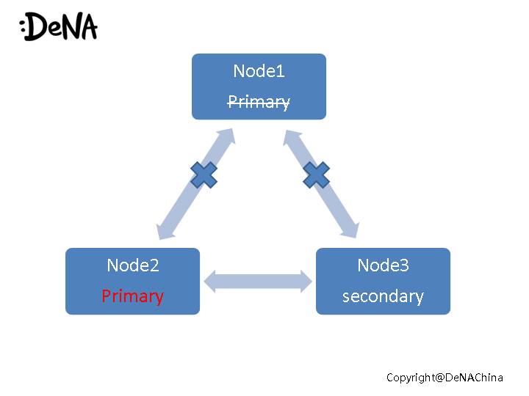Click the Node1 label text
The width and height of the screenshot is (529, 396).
coord(259,71)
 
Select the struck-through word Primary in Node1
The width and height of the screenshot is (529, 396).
coord(259,102)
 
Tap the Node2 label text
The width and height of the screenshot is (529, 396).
coord(132,265)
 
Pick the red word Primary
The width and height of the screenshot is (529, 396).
coord(132,296)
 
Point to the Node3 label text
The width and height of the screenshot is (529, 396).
coord(383,265)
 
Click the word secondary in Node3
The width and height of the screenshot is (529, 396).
coord(383,296)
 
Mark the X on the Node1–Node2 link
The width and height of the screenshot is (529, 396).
coord(204,175)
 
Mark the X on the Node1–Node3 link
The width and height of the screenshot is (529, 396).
coord(316,175)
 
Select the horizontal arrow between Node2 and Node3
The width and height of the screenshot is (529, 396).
coord(258,282)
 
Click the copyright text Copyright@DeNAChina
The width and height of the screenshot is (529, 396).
coord(445,377)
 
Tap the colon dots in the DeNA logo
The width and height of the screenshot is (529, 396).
coord(24,29)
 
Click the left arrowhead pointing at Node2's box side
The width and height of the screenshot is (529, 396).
coord(209,282)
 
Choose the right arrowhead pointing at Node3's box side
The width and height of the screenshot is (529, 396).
coord(306,282)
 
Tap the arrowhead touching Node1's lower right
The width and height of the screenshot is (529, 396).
coord(291,137)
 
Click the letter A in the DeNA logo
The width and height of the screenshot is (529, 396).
coord(86,27)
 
